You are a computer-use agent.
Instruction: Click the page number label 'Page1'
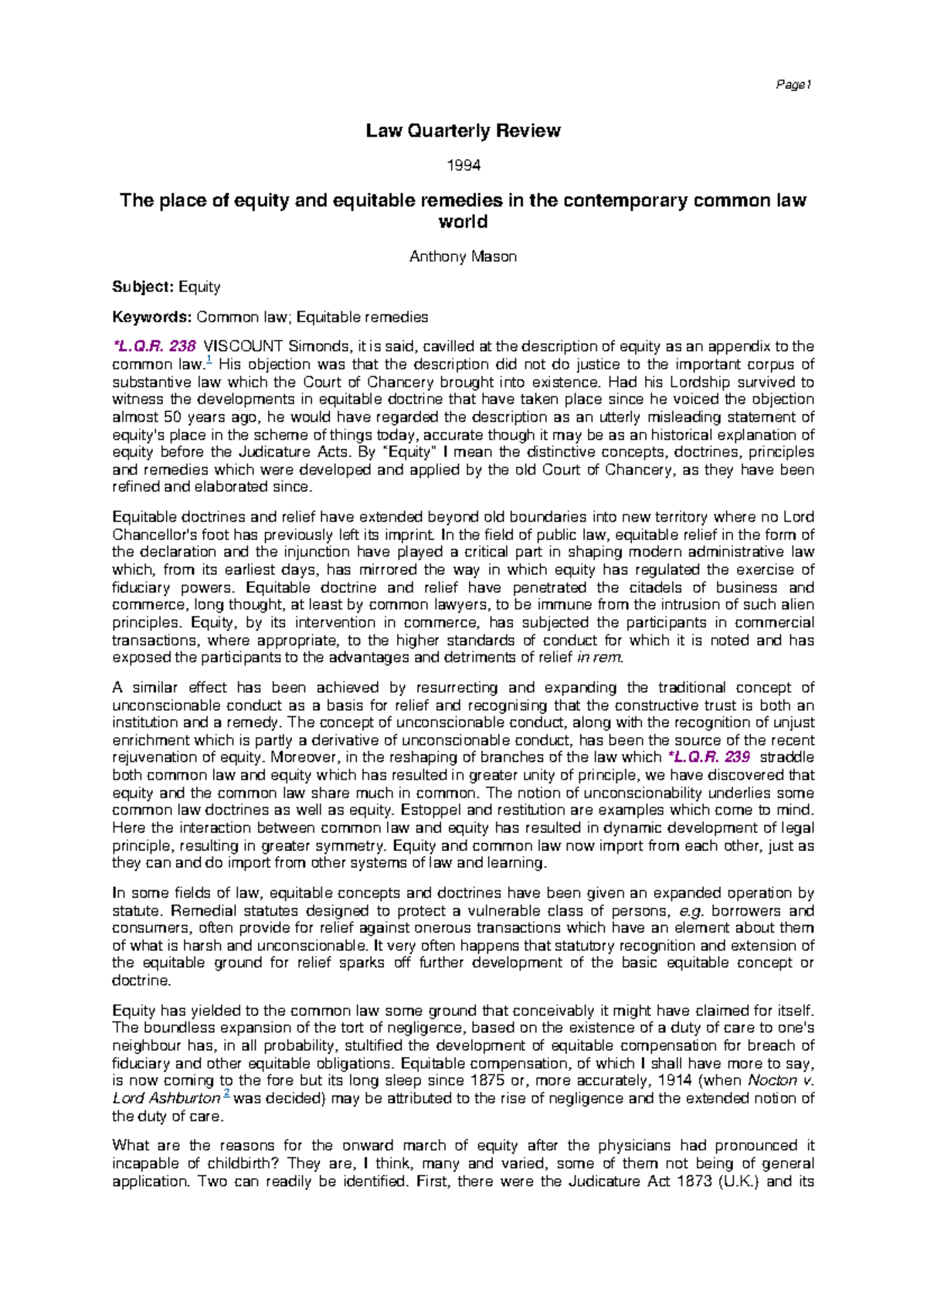(793, 85)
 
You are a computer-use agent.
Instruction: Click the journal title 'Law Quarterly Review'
(463, 131)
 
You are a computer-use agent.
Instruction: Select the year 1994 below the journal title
(464, 165)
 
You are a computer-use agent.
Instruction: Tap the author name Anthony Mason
(463, 257)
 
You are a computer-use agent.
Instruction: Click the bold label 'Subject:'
(143, 287)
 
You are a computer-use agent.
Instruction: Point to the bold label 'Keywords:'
(151, 317)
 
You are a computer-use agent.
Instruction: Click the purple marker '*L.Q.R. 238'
(154, 346)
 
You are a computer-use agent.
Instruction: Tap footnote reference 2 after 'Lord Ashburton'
(226, 1094)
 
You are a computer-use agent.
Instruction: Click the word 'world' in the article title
(463, 222)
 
